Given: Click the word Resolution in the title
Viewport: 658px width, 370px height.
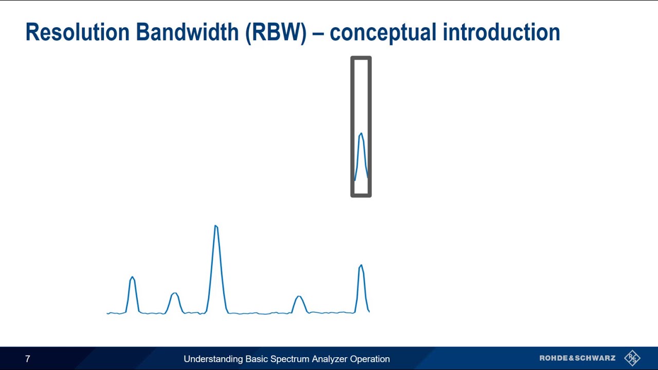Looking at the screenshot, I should [x=78, y=32].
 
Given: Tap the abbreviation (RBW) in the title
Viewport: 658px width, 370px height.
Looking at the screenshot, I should [x=276, y=32].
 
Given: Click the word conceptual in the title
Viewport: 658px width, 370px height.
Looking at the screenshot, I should [x=383, y=32].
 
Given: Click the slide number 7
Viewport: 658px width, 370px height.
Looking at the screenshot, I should [x=28, y=359].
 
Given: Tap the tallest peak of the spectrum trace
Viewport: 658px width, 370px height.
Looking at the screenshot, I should [x=216, y=227].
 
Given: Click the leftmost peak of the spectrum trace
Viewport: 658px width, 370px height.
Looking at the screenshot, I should [x=133, y=279].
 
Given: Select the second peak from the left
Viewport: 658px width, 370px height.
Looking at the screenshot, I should [x=175, y=294].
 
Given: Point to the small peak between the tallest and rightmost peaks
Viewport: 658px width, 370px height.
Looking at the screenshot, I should [x=299, y=297].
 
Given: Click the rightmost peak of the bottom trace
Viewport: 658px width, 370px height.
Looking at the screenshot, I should [x=361, y=266].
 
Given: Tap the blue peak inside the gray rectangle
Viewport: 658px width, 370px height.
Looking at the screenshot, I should [x=361, y=136].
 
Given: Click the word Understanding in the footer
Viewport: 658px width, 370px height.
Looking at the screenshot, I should [x=213, y=359].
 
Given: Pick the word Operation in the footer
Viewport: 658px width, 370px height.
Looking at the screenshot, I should [x=370, y=359].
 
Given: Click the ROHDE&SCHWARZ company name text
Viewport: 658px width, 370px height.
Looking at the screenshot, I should [x=577, y=358].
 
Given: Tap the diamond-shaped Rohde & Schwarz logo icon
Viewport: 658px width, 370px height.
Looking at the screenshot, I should [x=632, y=358].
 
